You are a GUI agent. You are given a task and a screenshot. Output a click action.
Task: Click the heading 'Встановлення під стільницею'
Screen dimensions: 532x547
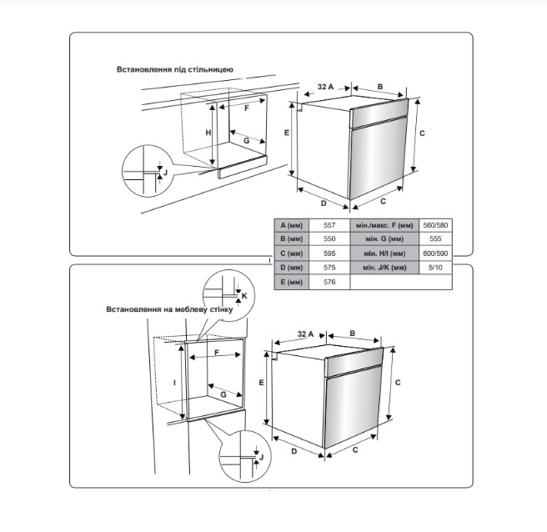pos(174,69)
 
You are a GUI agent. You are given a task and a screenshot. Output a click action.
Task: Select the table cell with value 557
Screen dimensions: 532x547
pos(329,225)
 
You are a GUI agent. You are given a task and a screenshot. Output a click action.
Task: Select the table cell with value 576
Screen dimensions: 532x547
pos(329,282)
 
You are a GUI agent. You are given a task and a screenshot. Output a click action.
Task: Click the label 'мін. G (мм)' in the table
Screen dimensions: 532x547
pos(384,239)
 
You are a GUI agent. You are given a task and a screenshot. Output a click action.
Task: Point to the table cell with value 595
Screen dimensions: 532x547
pos(329,253)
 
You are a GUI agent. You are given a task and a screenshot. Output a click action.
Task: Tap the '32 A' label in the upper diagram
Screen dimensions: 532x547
pos(325,87)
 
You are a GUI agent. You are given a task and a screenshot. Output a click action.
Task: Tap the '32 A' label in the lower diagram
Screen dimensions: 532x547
pos(305,334)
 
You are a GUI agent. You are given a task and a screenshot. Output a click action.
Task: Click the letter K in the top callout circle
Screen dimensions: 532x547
pos(244,296)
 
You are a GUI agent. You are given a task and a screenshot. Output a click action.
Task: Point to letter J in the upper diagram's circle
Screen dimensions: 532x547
pos(165,172)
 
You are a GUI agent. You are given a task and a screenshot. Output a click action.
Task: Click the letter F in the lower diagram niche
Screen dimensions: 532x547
pos(217,354)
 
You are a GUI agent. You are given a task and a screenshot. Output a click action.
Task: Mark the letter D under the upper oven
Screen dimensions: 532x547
pos(322,202)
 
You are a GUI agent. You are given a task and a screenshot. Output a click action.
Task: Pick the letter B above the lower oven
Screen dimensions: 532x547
pos(353,333)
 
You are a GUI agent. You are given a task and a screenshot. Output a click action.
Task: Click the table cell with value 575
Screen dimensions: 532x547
pos(329,267)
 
